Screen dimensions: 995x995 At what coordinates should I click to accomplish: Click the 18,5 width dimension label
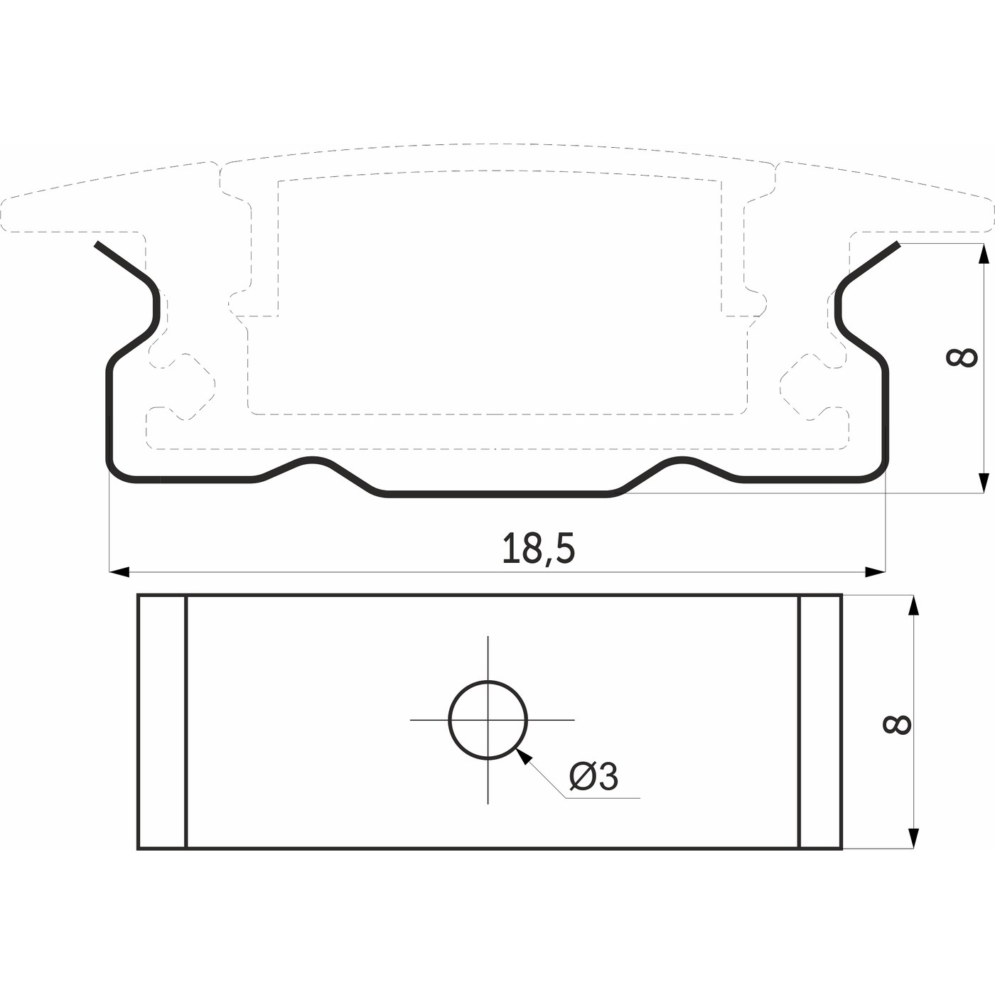(x=538, y=549)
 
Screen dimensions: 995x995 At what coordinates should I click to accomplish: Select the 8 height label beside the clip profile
(x=962, y=357)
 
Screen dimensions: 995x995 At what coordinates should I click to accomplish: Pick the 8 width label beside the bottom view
(x=898, y=724)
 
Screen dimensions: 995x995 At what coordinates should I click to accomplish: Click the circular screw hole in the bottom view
(x=488, y=720)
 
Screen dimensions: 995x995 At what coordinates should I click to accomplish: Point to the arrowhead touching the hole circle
(x=523, y=756)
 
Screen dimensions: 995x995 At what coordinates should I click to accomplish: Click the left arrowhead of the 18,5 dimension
(x=119, y=572)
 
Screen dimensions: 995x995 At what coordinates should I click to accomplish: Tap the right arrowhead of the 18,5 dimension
(x=875, y=572)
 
